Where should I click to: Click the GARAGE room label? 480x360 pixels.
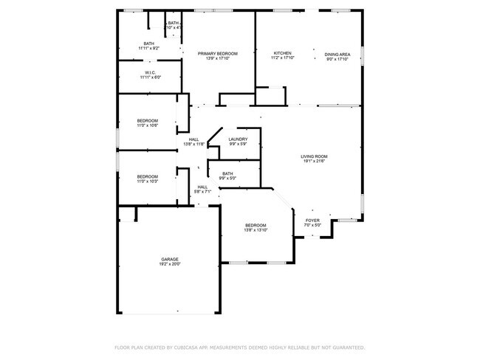pos(171,258)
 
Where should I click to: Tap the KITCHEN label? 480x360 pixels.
pos(283,53)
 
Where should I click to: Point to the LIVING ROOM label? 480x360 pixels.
pos(314,156)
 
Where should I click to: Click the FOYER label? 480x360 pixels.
pos(313,220)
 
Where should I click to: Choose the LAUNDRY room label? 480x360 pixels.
pos(238,139)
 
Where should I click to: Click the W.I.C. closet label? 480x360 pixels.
pos(149,72)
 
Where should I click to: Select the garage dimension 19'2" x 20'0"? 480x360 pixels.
pos(171,263)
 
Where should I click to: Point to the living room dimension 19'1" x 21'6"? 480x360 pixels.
pos(314,162)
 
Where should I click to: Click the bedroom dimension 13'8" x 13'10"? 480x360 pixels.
pos(256,230)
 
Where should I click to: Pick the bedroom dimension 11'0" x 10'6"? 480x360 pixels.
pos(148,125)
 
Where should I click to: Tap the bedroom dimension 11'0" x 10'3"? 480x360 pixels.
pos(148,181)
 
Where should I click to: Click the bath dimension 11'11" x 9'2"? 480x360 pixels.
pos(149,48)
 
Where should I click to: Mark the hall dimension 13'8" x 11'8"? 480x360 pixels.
pos(193,144)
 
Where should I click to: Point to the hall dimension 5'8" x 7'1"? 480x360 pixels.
pos(202,192)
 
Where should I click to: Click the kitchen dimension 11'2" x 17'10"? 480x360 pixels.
pos(283,58)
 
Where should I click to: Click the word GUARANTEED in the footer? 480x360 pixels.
pos(346,347)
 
